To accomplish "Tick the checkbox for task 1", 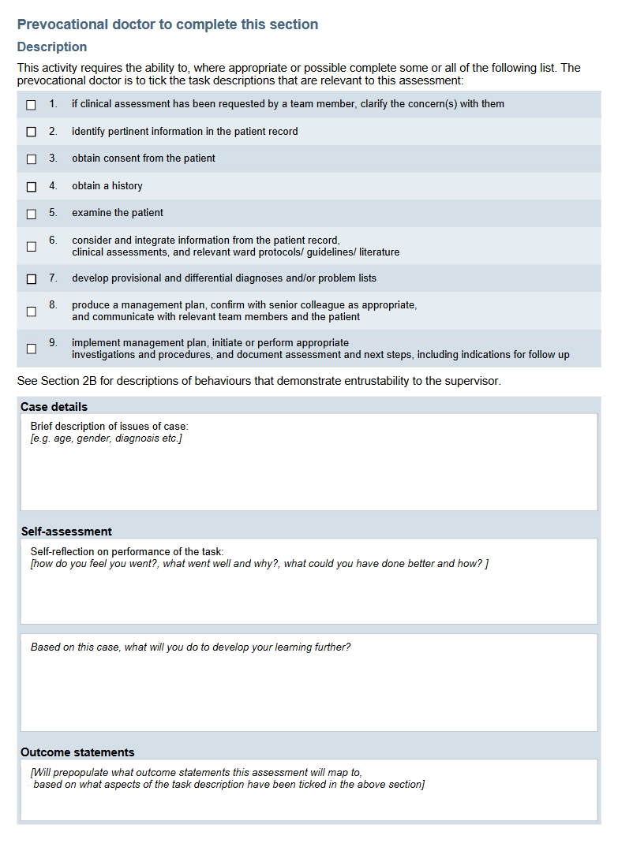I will (32, 105).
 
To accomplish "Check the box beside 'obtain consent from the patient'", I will (32, 159).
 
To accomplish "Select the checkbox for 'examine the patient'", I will (32, 214).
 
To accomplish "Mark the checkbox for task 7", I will (32, 279).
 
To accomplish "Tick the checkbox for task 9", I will (32, 349).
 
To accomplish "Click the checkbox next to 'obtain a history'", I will (32, 187).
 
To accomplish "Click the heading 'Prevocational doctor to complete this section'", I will (167, 24).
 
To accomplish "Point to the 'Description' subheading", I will (52, 47).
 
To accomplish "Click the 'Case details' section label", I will (54, 407).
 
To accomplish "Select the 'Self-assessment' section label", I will (66, 532).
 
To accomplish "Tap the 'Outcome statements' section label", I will (77, 752).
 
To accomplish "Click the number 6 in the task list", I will (53, 240).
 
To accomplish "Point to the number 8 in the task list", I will (53, 304).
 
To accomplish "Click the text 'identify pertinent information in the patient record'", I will (185, 132).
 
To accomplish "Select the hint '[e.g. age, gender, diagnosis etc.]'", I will (106, 438).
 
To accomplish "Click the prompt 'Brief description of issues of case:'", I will (109, 427).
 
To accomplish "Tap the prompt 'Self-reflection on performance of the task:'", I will (127, 552).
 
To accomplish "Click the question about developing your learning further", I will (190, 647).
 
